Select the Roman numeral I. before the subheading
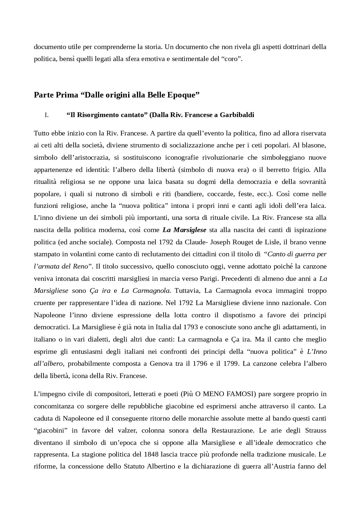pos(46,115)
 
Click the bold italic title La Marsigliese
pos(184,230)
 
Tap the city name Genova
pos(160,364)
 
